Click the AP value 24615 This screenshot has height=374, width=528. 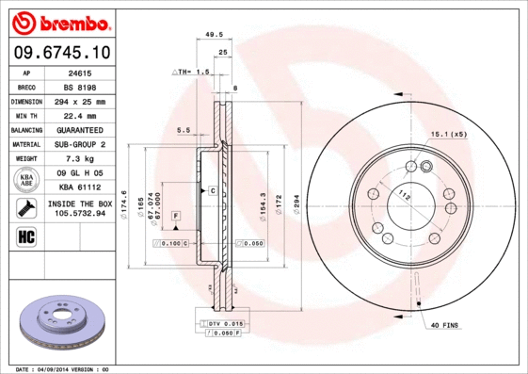coord(80,72)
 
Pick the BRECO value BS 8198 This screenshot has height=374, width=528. coord(80,86)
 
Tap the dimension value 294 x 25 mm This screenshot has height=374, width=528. coord(80,101)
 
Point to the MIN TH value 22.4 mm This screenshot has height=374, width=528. coord(80,115)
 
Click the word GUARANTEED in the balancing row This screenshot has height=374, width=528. coord(80,129)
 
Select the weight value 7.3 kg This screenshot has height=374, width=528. coord(80,159)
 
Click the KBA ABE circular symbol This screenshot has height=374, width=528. coord(27,181)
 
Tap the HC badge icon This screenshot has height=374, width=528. coord(26,236)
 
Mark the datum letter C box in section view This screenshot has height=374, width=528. coord(213,191)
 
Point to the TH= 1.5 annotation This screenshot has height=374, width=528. coord(190,72)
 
